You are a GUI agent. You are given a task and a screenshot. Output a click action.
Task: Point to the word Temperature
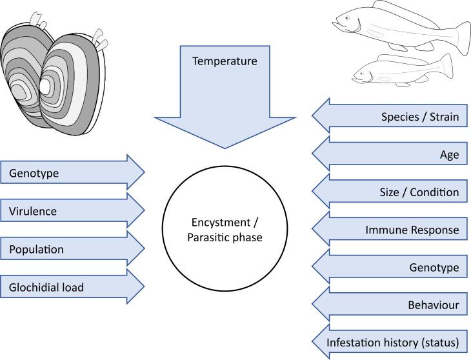click(225, 62)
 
